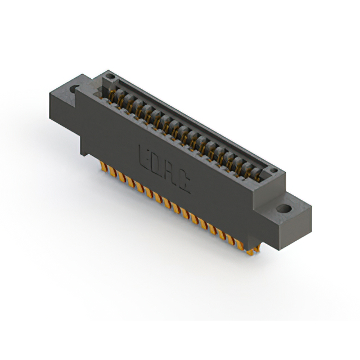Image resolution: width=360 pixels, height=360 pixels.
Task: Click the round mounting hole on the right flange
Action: (x=285, y=209)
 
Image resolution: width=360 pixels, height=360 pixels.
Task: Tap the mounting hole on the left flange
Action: (x=74, y=89)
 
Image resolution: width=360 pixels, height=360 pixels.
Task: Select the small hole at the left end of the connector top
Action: (x=111, y=76)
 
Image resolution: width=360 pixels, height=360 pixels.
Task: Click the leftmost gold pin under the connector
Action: (x=103, y=167)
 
